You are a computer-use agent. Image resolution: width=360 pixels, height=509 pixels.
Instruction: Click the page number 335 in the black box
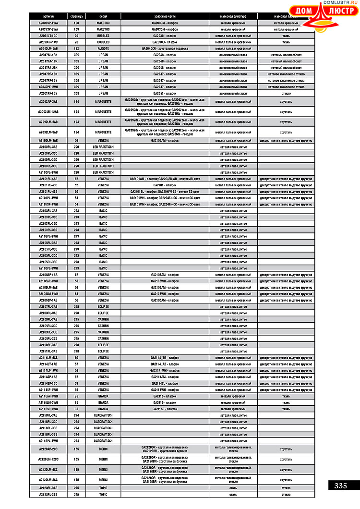(x=340, y=485)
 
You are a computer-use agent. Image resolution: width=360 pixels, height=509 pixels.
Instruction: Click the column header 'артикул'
(x=48, y=16)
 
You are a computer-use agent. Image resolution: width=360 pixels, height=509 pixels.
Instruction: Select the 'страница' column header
(x=76, y=16)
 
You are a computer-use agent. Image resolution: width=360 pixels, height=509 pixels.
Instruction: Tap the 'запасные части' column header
(x=165, y=16)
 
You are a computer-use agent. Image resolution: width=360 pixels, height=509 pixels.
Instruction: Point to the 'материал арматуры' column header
(x=233, y=16)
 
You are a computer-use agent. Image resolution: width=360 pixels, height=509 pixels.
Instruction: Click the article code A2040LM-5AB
(x=48, y=48)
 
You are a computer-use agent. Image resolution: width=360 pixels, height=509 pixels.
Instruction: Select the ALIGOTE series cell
(x=103, y=48)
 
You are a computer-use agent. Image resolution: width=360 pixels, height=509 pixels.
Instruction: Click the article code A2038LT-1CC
(x=48, y=36)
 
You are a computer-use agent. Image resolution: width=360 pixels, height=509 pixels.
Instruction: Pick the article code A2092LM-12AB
(x=48, y=112)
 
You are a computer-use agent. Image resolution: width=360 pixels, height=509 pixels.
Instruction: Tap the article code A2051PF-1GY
(x=48, y=93)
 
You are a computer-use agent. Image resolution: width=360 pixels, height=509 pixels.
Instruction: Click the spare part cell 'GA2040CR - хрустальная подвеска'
(x=165, y=48)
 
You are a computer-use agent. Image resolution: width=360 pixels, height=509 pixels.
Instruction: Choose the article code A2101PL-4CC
(x=48, y=185)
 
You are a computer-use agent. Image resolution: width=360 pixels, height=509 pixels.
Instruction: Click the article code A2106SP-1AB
(x=48, y=300)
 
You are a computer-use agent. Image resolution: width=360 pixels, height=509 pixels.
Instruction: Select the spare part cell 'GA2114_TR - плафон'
(x=165, y=358)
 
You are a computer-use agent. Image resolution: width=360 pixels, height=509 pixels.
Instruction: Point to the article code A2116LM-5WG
(x=48, y=402)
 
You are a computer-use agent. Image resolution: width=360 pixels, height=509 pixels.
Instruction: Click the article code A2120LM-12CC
(x=48, y=459)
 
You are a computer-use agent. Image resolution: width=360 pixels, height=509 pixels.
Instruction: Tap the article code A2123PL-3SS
(x=48, y=495)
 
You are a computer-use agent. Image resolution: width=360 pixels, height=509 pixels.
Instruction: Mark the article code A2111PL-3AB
(x=48, y=351)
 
